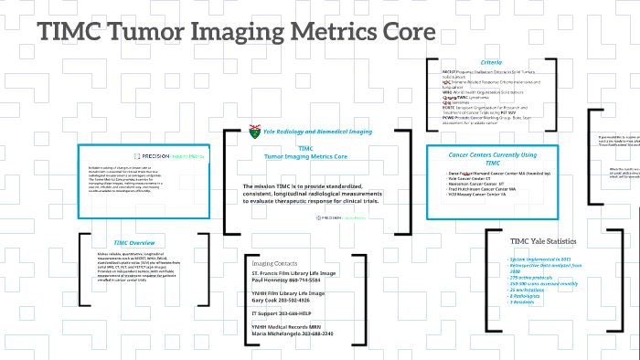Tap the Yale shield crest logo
[x=254, y=132]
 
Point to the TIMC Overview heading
[x=133, y=242]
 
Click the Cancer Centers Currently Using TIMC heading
[x=493, y=156]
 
